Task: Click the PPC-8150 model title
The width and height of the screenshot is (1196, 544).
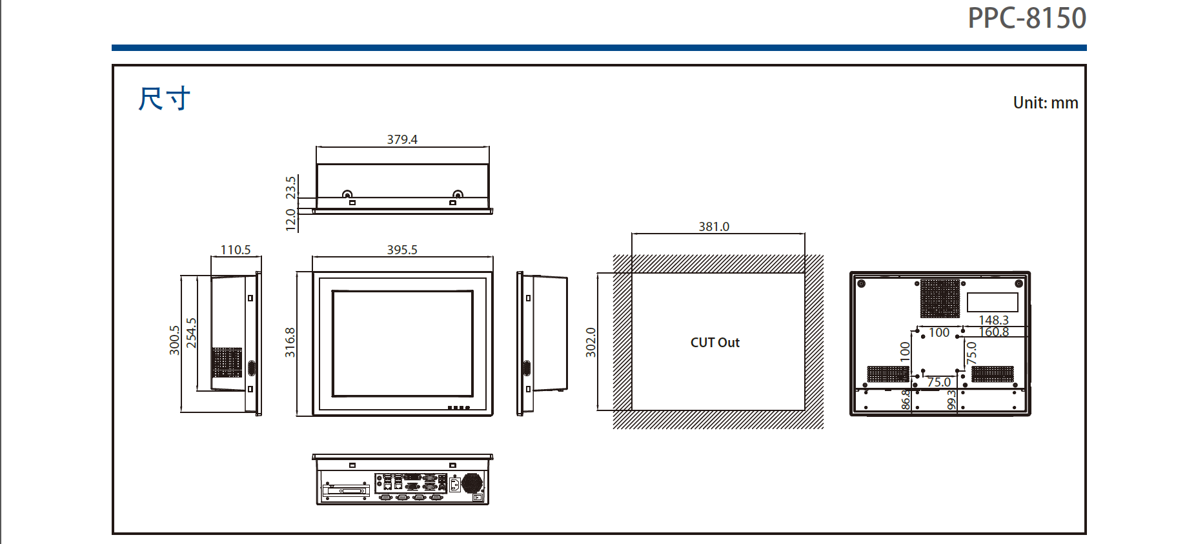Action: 1026,18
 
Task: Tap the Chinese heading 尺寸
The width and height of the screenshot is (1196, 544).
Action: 164,99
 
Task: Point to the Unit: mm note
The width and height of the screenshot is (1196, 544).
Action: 1045,103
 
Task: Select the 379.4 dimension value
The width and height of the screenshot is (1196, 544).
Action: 402,139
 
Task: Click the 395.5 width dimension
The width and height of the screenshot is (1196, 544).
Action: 402,250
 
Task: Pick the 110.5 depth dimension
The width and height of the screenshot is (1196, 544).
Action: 236,250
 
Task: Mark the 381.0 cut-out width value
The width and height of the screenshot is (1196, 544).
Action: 714,227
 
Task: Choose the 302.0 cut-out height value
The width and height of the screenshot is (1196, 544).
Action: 591,342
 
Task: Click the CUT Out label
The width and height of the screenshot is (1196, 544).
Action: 715,343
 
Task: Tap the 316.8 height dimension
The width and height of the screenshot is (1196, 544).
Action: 290,342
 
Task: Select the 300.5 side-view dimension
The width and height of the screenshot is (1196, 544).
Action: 174,340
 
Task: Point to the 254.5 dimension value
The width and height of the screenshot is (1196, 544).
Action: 191,333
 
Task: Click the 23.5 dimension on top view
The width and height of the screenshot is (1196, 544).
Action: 290,187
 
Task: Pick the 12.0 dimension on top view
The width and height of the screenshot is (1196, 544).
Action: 290,219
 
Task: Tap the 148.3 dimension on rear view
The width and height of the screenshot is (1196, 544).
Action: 993,320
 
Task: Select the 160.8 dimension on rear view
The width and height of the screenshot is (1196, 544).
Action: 993,332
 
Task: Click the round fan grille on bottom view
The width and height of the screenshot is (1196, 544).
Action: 472,483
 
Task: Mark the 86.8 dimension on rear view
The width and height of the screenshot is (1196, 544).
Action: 906,399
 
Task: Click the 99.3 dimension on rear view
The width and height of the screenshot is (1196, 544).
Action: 951,400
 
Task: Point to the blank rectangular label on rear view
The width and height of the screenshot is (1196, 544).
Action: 992,302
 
